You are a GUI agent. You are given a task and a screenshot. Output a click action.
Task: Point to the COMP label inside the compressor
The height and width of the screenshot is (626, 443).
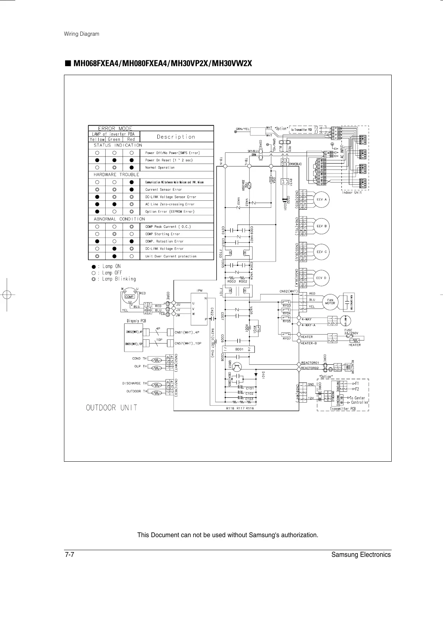click(129, 297)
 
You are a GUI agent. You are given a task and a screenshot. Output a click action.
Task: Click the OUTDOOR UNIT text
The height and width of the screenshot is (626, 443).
click(112, 408)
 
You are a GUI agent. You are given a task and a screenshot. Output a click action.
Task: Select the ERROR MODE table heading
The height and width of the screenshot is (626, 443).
click(115, 129)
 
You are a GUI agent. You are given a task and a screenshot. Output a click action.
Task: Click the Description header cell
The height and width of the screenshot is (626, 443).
click(176, 137)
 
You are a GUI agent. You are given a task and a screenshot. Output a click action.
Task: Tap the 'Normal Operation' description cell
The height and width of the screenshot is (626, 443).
click(160, 168)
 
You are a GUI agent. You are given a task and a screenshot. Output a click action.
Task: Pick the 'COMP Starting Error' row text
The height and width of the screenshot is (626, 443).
click(163, 234)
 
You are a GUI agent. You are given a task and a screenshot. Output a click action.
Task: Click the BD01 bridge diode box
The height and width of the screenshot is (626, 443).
click(239, 349)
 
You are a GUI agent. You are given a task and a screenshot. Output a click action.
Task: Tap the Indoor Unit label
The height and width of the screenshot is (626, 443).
click(352, 193)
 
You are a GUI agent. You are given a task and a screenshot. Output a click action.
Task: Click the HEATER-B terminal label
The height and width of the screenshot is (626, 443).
click(309, 343)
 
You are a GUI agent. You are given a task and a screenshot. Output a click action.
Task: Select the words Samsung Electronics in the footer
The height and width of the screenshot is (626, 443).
click(361, 555)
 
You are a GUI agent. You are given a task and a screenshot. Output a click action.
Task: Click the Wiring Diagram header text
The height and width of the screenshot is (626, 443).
click(81, 34)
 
